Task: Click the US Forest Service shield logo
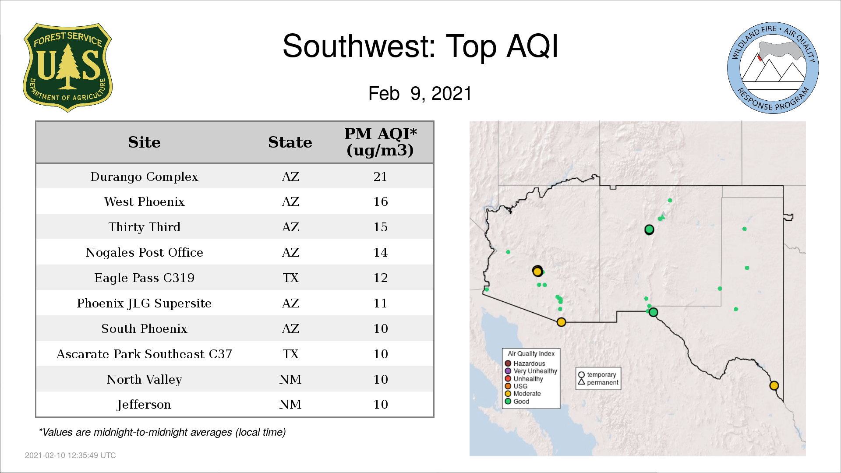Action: [x=67, y=68]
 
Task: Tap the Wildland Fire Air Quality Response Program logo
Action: [x=773, y=68]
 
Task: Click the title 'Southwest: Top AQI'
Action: [x=420, y=46]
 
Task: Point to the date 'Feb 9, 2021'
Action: [x=420, y=94]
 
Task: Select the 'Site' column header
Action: [x=144, y=142]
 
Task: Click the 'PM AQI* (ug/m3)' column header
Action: [x=380, y=142]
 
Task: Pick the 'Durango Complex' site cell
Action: [x=144, y=176]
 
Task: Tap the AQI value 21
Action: [x=380, y=176]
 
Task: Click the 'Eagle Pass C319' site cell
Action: [x=144, y=278]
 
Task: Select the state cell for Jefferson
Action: [x=290, y=404]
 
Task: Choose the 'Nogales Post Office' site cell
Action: [x=144, y=252]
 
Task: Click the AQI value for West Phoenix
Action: [x=380, y=201]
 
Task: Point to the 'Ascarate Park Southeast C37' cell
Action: [x=144, y=354]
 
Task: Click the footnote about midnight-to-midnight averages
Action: [x=162, y=432]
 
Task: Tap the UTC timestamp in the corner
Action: [x=71, y=455]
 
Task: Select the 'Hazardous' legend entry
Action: [x=525, y=364]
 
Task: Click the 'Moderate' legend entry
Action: [x=523, y=394]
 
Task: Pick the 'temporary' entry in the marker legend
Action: [x=597, y=375]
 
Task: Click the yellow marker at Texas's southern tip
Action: [x=774, y=385]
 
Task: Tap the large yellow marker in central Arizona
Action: [x=537, y=272]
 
